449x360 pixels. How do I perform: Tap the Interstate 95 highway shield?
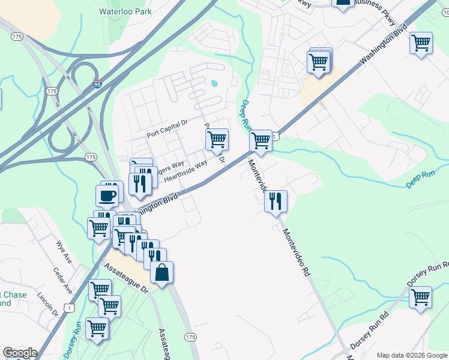[x=98, y=85]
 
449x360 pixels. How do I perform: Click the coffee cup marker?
[x=107, y=196]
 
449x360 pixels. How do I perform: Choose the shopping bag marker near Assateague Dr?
[x=161, y=274]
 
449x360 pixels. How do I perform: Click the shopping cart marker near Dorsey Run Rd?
[x=421, y=297]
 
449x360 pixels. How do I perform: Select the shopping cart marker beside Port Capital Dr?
[x=217, y=140]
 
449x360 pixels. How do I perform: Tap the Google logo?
[x=20, y=353]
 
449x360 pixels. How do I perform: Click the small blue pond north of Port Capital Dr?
[x=214, y=83]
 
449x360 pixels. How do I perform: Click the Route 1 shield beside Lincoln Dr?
[x=71, y=308]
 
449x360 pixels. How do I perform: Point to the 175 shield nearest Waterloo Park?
[x=17, y=37]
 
